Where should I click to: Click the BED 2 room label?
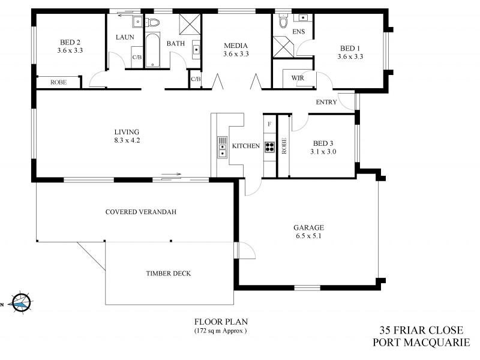(x=70, y=42)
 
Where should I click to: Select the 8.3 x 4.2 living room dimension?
(x=127, y=140)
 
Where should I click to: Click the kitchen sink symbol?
(x=223, y=147)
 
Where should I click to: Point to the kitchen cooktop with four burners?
(x=269, y=147)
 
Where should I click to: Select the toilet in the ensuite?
(x=281, y=20)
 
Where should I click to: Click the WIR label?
(x=296, y=78)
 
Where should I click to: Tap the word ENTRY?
(x=326, y=102)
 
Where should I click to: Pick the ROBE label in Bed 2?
(x=58, y=82)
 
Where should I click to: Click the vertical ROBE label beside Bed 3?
(x=284, y=146)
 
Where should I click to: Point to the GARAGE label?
(x=308, y=227)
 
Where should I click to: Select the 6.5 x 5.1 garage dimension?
(x=308, y=236)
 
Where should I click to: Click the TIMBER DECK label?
(x=168, y=273)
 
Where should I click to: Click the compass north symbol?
(x=20, y=304)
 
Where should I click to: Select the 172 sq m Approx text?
(x=220, y=331)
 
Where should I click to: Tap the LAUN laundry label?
(x=124, y=37)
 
